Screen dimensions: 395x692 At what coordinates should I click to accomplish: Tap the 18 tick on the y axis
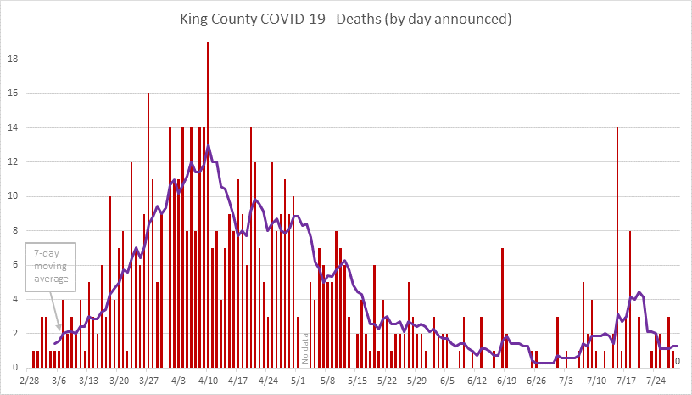click(11, 59)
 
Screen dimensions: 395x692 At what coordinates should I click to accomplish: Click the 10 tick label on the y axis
click(11, 196)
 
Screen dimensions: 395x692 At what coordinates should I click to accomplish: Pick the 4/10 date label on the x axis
click(208, 383)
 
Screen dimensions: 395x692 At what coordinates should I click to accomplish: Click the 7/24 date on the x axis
click(656, 383)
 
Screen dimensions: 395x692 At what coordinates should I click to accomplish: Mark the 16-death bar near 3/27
click(148, 229)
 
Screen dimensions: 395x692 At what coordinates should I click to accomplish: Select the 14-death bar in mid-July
click(617, 246)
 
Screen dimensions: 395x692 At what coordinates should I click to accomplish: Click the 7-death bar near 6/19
click(502, 308)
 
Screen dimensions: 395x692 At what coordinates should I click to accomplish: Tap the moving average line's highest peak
click(208, 147)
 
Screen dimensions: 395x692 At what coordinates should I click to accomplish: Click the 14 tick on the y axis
click(11, 128)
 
